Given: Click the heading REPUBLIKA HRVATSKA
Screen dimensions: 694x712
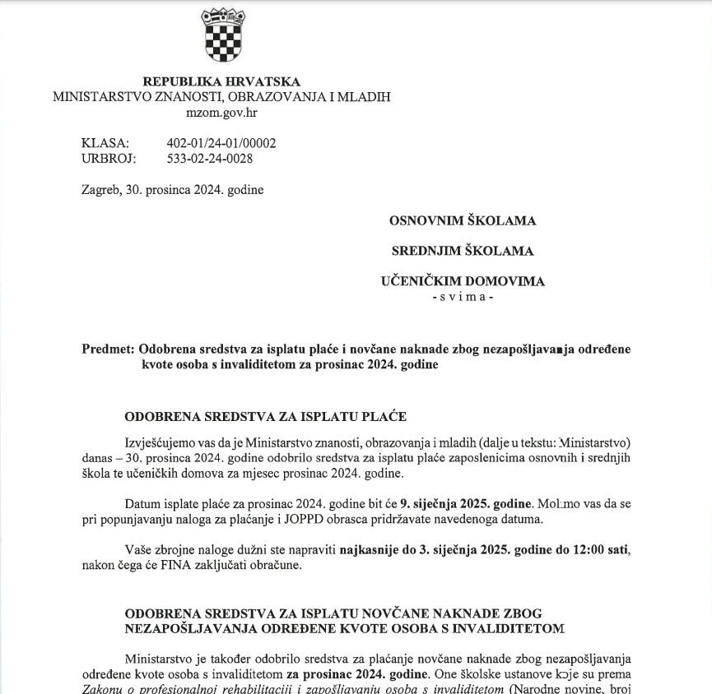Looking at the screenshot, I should point(221,81).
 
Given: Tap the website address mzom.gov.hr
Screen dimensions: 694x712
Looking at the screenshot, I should point(221,113).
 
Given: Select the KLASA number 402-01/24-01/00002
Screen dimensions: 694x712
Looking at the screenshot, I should point(221,143).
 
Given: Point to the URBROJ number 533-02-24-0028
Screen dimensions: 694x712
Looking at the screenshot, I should point(210,159).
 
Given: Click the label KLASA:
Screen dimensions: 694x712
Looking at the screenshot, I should point(105,143).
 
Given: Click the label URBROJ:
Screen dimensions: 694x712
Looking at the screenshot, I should point(109,159).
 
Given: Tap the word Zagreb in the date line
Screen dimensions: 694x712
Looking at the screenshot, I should point(100,190).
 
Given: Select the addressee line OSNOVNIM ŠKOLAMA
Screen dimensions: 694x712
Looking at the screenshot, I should point(463,220).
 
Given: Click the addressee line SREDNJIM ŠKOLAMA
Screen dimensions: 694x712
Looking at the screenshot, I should point(462,251).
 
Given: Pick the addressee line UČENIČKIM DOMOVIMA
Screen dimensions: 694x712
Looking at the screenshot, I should point(463,281).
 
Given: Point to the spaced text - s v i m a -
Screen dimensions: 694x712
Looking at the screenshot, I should point(463,296).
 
